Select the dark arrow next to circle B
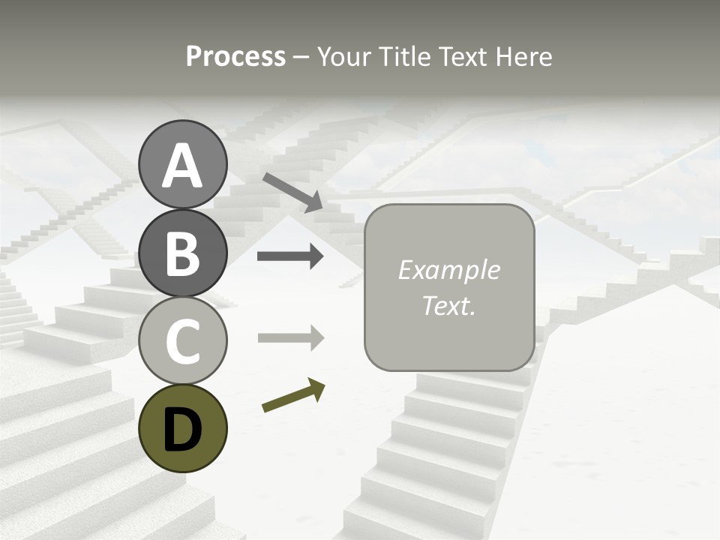click(x=290, y=256)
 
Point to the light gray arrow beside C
click(x=290, y=338)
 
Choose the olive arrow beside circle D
click(x=293, y=396)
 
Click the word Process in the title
click(x=235, y=57)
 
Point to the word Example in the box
click(x=448, y=270)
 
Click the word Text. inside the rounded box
click(x=448, y=306)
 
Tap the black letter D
click(x=183, y=429)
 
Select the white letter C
click(x=183, y=341)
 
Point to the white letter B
click(x=183, y=253)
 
